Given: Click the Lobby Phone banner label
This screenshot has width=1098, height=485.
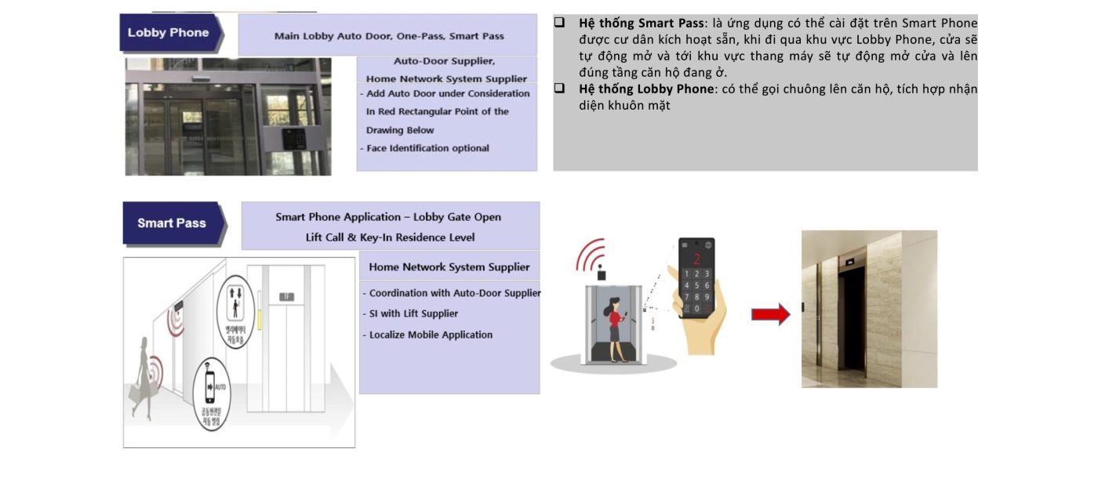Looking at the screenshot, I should tap(169, 33).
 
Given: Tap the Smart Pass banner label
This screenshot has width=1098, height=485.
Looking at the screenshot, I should tap(172, 223).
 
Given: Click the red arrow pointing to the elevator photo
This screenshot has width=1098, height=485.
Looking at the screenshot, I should tap(770, 315).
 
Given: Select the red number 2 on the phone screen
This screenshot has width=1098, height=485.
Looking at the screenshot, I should tap(696, 259).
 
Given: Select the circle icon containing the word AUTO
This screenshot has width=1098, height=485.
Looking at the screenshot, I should tap(210, 392).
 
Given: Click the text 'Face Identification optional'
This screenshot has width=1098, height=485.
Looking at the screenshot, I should tap(427, 148).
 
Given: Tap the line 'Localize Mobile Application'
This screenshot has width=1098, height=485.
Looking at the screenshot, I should tap(431, 335).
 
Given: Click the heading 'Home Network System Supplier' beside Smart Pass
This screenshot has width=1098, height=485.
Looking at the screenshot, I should tap(449, 267).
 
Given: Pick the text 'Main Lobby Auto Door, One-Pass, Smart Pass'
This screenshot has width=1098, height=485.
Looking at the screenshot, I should tap(389, 36).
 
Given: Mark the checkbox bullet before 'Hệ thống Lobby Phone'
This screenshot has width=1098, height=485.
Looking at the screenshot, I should tap(560, 89).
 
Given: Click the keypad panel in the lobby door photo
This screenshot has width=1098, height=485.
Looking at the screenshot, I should tap(296, 139).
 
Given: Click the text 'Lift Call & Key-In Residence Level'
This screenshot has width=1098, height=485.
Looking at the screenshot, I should tap(390, 237).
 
